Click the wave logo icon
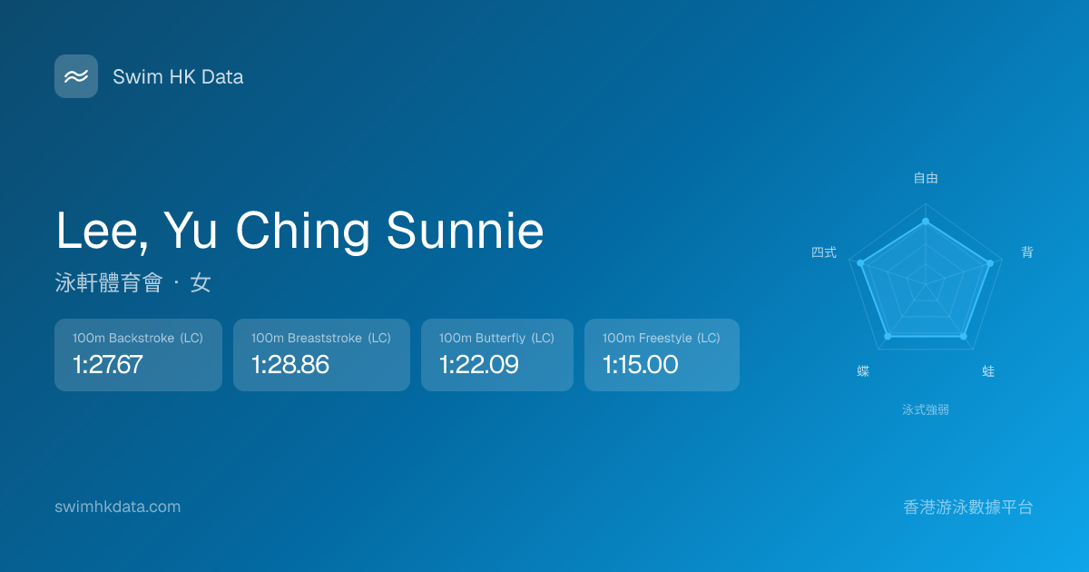(76, 76)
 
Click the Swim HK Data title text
(178, 77)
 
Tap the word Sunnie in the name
(465, 231)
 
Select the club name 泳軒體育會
(108, 282)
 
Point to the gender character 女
(201, 282)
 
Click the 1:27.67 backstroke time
(107, 364)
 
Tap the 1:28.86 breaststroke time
(290, 364)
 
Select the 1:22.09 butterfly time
(479, 364)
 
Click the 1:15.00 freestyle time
(641, 364)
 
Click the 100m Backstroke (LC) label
(138, 338)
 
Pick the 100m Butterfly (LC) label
(496, 338)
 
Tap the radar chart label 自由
(926, 178)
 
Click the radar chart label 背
(1026, 252)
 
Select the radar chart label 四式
(824, 252)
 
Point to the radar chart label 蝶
(863, 371)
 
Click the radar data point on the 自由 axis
(926, 222)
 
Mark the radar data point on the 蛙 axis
(964, 336)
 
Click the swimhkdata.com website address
(118, 507)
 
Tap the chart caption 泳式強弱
(926, 410)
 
